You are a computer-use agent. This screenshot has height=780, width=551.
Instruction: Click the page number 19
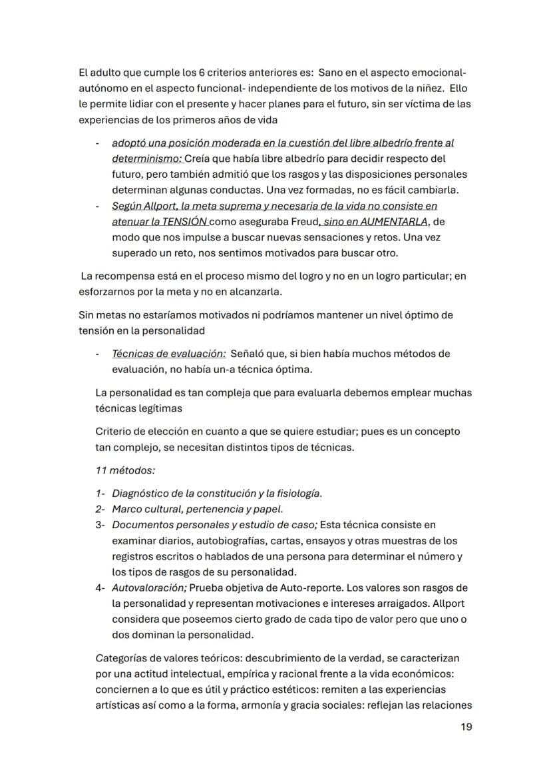pos(466,726)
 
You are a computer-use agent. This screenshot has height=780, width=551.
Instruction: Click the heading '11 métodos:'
pos(125,470)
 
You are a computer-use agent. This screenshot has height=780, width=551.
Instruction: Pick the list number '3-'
pos(100,525)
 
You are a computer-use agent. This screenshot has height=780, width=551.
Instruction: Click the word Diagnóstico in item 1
pos(142,494)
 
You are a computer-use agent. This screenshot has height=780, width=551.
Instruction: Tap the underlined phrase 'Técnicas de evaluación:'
pos(168,354)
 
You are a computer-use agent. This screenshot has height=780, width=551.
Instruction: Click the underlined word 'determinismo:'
pos(146,159)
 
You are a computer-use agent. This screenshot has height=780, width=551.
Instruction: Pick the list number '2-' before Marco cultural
pos(100,510)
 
